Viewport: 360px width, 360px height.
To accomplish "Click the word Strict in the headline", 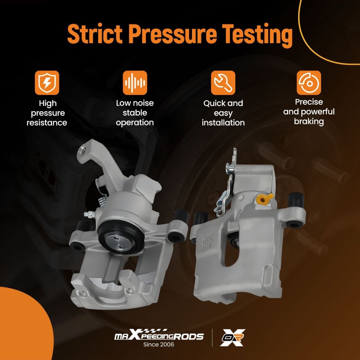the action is [95, 33].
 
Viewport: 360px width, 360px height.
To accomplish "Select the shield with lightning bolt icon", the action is [47, 83].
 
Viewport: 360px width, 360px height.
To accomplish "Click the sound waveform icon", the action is [135, 83].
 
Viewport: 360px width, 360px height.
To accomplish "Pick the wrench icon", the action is [223, 83].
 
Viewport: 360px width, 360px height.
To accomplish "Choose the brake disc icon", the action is [309, 83].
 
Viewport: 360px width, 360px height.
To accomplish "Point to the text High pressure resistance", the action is [47, 113].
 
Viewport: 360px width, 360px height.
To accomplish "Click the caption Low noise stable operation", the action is [135, 113].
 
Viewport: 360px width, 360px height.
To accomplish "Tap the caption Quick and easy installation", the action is [223, 113].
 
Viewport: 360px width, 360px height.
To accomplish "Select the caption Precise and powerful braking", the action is [309, 112].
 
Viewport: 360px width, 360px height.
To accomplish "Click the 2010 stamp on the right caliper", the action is [207, 238].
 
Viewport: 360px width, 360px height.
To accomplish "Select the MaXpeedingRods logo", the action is [159, 335].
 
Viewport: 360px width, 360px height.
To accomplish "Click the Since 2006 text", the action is [159, 345].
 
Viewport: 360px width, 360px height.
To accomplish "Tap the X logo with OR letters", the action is [232, 338].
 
